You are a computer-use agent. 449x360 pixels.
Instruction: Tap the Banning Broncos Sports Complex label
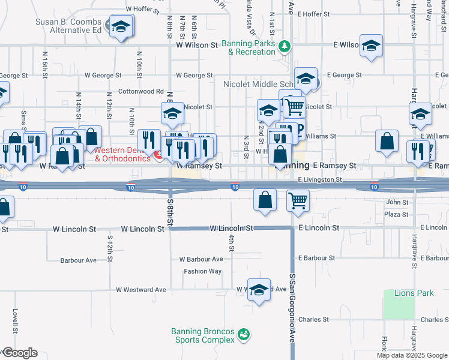[x=203, y=335]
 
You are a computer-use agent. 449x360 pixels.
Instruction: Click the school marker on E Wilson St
[x=372, y=45]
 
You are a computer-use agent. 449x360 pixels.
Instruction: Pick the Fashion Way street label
[x=203, y=271]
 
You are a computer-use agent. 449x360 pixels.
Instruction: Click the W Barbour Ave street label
[x=201, y=259]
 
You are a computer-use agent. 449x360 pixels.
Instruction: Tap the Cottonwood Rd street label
[x=141, y=91]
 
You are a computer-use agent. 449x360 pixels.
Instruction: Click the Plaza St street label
[x=397, y=214]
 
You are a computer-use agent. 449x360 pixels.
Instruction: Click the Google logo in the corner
[x=19, y=353]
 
